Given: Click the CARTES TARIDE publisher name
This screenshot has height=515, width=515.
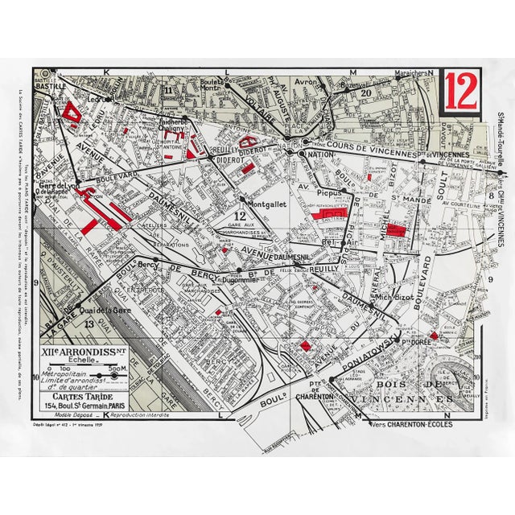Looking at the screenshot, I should click(79, 394).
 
